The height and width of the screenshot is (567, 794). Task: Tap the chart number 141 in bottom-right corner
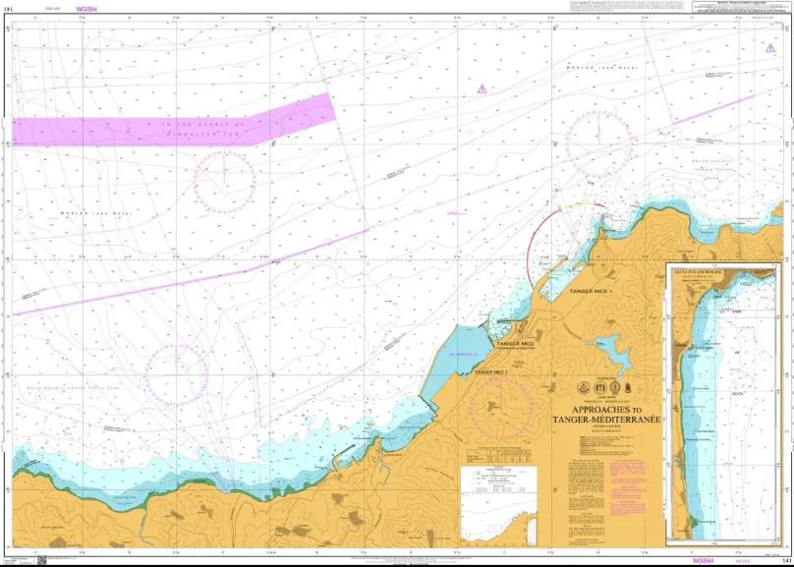(785, 560)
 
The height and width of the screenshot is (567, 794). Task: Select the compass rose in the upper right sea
(599, 143)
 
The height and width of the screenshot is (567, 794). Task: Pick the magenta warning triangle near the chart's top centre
(482, 88)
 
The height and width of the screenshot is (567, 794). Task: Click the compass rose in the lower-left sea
(177, 374)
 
